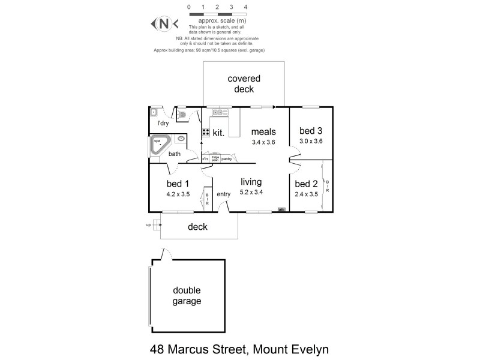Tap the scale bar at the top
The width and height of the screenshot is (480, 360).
[x=217, y=13]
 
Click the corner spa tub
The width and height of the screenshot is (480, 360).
[x=160, y=146]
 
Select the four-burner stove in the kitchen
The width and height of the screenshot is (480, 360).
[x=205, y=133]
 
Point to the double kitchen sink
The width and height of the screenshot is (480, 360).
[x=218, y=112]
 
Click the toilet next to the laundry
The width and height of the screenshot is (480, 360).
[x=182, y=114]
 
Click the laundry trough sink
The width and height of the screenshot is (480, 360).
[x=154, y=112]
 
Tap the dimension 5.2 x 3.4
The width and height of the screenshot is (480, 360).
[x=252, y=192]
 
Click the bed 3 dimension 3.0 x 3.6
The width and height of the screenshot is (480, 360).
[x=311, y=142]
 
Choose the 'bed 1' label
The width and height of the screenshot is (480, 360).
[x=178, y=184]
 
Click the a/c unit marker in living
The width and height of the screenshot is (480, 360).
[x=281, y=209]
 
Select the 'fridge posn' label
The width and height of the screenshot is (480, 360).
[x=215, y=159]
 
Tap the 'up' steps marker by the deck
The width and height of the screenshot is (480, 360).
[x=148, y=225]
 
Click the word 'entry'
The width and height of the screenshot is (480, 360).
[x=223, y=194]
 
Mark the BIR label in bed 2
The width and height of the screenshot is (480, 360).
[x=327, y=187]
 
